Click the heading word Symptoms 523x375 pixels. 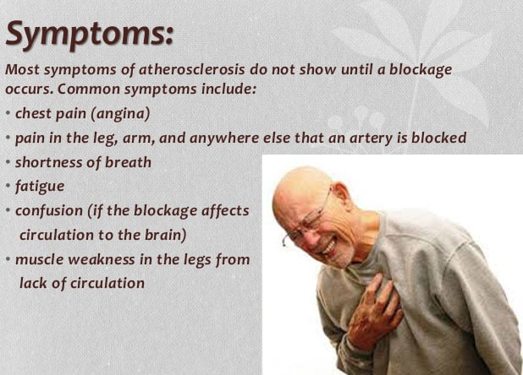click(x=90, y=35)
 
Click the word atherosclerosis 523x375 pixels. click(x=191, y=69)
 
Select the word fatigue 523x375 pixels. click(x=40, y=187)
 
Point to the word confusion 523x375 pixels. click(x=49, y=210)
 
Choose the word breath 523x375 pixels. click(x=128, y=162)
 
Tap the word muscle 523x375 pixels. click(x=40, y=259)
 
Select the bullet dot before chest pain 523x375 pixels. click(x=8, y=113)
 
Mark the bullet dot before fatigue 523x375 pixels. click(x=8, y=186)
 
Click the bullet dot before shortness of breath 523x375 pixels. click(x=8, y=162)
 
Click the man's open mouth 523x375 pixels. click(x=328, y=247)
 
